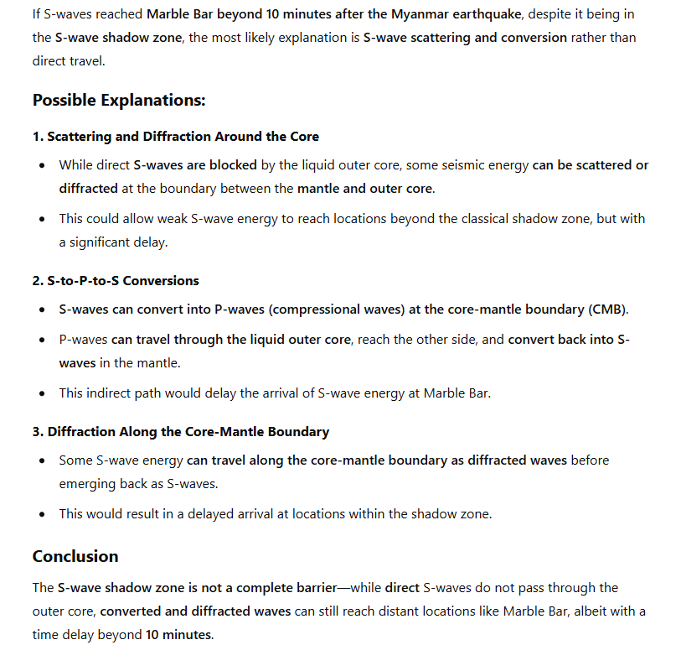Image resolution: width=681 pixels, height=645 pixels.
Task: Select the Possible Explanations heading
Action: click(x=119, y=100)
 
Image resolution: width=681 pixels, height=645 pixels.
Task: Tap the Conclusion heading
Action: click(x=75, y=556)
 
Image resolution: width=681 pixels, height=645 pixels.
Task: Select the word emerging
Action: click(x=86, y=484)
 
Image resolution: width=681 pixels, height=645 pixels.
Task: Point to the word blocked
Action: click(x=233, y=165)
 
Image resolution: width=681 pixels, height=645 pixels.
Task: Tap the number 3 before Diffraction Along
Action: click(x=37, y=431)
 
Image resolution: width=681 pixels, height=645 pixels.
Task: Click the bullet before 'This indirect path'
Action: click(x=42, y=393)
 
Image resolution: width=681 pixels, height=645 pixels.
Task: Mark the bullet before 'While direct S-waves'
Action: click(x=42, y=165)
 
